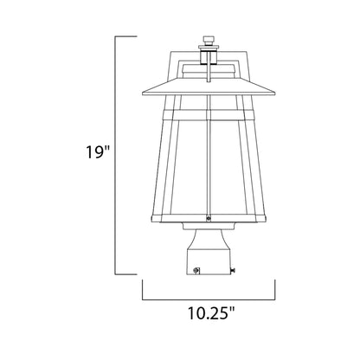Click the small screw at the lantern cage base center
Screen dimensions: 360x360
[208, 218]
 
